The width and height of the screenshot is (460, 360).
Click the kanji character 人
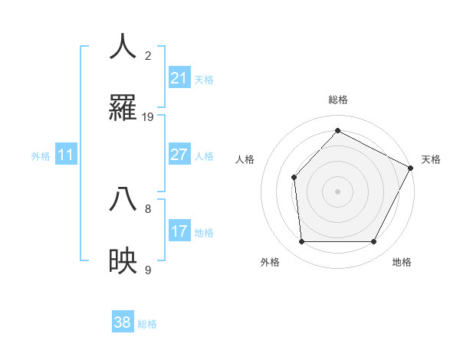[123, 47]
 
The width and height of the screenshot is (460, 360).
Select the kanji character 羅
[123, 107]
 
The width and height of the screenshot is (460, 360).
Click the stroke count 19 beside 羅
[148, 117]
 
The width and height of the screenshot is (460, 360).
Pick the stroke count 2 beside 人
[148, 56]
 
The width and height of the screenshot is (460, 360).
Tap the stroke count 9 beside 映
[148, 270]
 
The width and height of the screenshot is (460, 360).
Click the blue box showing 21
[179, 78]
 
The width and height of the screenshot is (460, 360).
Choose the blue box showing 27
[179, 155]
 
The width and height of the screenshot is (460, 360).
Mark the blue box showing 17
[179, 231]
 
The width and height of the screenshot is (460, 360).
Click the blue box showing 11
[66, 155]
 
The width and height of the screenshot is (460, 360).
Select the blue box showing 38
[123, 322]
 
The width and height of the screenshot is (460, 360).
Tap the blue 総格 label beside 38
[147, 324]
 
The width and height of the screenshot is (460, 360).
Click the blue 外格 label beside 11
[41, 156]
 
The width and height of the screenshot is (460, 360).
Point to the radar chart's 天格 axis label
[431, 159]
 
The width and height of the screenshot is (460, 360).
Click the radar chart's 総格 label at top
[337, 100]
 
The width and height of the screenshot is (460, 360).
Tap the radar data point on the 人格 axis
[294, 178]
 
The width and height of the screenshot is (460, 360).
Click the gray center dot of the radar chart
[337, 191]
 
